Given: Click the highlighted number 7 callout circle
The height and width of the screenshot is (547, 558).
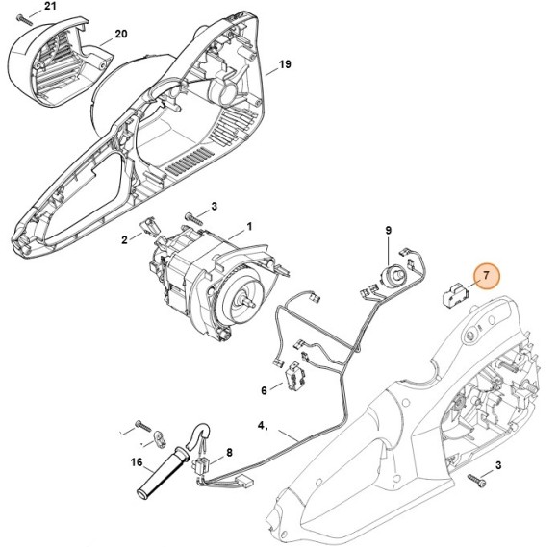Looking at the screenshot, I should [x=486, y=277].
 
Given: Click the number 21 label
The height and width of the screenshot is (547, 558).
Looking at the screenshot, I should [x=51, y=7].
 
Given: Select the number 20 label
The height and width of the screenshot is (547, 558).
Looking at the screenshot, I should [x=120, y=35].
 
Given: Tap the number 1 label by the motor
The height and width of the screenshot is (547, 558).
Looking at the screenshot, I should [x=249, y=227].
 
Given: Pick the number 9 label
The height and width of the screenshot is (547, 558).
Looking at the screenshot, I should [x=389, y=230].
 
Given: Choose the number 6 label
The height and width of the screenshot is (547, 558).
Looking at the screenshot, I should [x=265, y=390].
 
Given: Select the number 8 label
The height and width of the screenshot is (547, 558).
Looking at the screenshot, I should [x=229, y=453].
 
